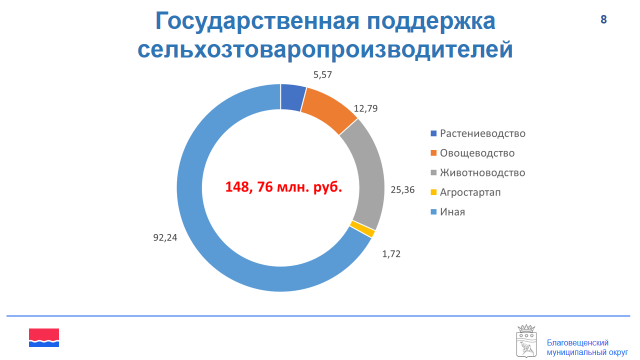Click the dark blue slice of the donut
pyautogui.click(x=293, y=97)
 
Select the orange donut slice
pyautogui.click(x=328, y=109)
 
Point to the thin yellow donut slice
pyautogui.click(x=363, y=229)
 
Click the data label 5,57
pyautogui.click(x=322, y=75)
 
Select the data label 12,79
pyautogui.click(x=366, y=109)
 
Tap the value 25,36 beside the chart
pyautogui.click(x=402, y=190)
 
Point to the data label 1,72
pyautogui.click(x=391, y=254)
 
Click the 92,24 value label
pyautogui.click(x=165, y=238)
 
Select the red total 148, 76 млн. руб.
pyautogui.click(x=284, y=187)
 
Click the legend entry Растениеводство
pyautogui.click(x=478, y=133)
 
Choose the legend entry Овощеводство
pyautogui.click(x=473, y=153)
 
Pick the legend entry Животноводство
pyautogui.click(x=478, y=173)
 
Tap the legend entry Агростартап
pyautogui.click(x=466, y=192)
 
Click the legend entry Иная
pyautogui.click(x=448, y=212)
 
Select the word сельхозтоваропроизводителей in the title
pyautogui.click(x=325, y=50)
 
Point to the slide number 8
pyautogui.click(x=603, y=19)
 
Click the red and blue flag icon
pyautogui.click(x=44, y=338)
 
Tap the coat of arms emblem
pyautogui.click(x=527, y=341)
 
